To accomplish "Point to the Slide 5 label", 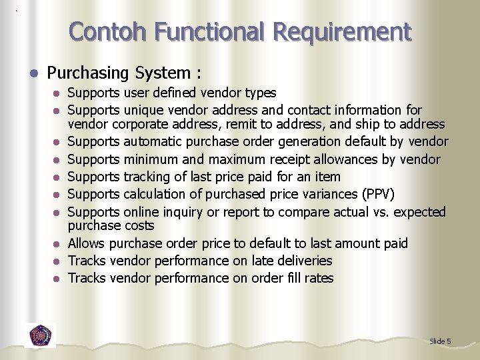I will (440, 341).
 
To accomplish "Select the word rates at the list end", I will (318, 278).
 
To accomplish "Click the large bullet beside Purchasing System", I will (34, 72).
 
